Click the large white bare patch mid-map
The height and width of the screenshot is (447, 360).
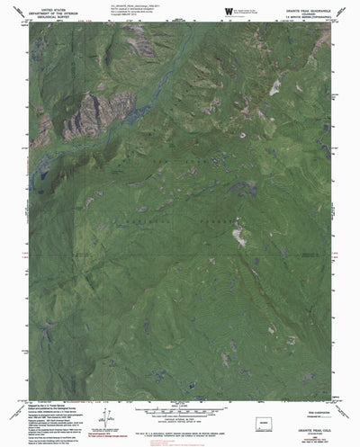pyautogui.click(x=238, y=237)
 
